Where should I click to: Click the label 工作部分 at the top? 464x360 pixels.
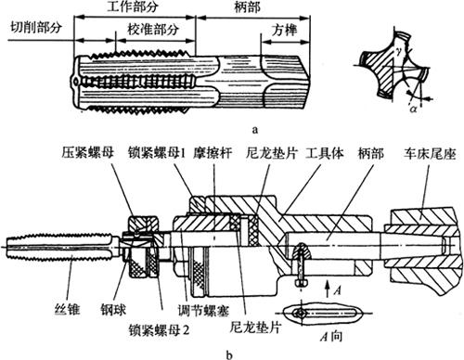133,6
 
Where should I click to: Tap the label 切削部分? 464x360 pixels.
36,28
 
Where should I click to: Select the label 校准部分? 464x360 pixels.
153,30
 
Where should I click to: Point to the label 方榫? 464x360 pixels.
285,30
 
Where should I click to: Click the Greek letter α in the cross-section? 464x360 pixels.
413,109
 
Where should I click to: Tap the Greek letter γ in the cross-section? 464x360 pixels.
399,52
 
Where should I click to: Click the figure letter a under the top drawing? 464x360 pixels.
254,129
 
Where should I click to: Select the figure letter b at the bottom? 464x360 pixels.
229,354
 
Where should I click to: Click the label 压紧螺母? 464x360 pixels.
88,153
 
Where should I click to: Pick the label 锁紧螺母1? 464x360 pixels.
157,153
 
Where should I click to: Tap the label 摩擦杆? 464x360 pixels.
213,153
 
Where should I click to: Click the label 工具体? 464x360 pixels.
325,153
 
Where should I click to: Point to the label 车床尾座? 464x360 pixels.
430,154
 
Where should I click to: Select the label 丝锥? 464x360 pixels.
68,309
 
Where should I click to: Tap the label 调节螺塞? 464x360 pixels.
203,311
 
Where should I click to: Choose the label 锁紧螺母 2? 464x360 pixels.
159,330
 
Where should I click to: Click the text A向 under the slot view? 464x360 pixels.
331,336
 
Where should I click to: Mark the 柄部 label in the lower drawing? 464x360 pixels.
370,153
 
